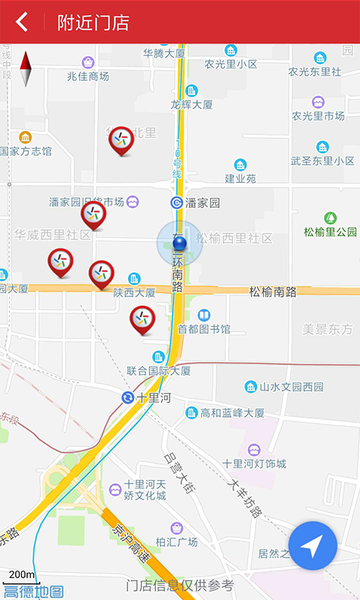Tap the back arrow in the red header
[x=22, y=22]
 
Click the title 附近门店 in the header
[x=93, y=22]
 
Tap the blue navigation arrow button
[x=313, y=546]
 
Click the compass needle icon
[x=26, y=69]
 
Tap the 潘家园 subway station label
[x=202, y=202]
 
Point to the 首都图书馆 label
[x=203, y=328]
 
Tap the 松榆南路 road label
[x=273, y=292]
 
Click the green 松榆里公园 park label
[x=330, y=232]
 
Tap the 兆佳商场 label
[x=88, y=76]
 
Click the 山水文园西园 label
[x=291, y=387]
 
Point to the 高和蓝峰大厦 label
[x=232, y=412]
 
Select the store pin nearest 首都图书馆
[x=142, y=319]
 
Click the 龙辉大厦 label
[x=191, y=104]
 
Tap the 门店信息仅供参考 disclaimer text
[x=180, y=585]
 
